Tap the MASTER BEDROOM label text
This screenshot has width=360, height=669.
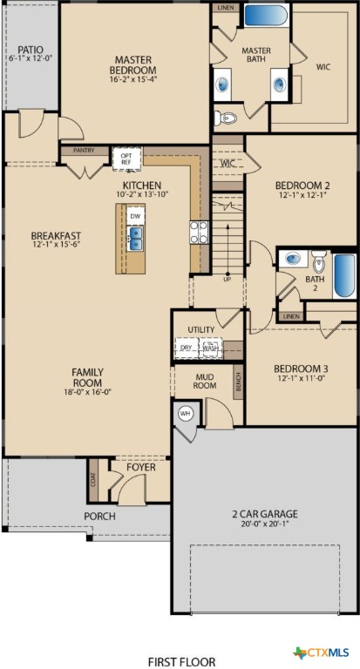[134, 65]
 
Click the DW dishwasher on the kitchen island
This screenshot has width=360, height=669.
[135, 215]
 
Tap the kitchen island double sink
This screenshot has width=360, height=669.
[135, 238]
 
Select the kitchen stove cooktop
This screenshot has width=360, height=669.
[199, 231]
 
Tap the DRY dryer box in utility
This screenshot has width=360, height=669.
[186, 347]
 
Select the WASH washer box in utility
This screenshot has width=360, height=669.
[209, 347]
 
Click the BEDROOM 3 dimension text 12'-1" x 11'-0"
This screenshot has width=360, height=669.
[301, 378]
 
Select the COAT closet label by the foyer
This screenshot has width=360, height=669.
[92, 479]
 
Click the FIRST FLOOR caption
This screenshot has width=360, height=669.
[181, 661]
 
